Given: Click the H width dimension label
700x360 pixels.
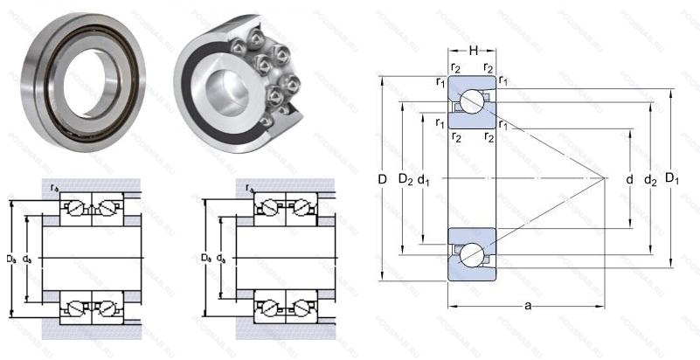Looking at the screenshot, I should (x=472, y=50).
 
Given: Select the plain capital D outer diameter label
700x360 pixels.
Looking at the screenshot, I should (x=382, y=180).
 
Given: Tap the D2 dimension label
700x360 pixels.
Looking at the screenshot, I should (x=405, y=180).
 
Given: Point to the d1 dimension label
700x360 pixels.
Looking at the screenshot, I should (x=425, y=180).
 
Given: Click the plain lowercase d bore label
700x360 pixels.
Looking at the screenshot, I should (x=629, y=180).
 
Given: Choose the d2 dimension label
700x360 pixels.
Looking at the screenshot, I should (x=650, y=180).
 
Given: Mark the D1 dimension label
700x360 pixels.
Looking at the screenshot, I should (x=672, y=180).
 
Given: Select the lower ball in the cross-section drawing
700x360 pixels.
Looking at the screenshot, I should (x=472, y=253).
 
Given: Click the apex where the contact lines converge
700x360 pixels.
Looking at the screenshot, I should (x=605, y=178).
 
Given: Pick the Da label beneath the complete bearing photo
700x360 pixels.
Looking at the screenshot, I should (x=10, y=259).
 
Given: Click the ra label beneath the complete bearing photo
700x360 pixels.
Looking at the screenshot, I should (x=55, y=187).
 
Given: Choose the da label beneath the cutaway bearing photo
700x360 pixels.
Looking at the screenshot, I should (x=222, y=259).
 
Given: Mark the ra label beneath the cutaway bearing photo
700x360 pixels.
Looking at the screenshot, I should (x=250, y=187).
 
